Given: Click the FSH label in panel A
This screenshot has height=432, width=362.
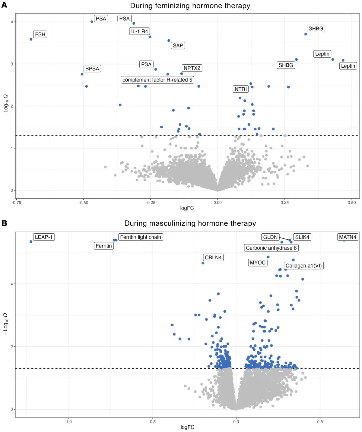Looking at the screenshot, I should (x=40, y=34).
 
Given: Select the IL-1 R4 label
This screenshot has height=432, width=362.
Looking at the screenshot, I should (x=139, y=31).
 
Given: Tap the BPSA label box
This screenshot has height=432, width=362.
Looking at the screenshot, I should (x=92, y=69).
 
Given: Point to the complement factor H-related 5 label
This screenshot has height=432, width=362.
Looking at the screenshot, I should (x=157, y=80).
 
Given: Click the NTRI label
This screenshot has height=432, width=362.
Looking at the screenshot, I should (x=240, y=89).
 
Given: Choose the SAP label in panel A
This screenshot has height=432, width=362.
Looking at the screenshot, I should (x=178, y=46).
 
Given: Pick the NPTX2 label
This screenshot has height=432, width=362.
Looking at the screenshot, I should (x=192, y=68).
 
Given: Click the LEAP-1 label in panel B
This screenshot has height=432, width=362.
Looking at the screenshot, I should (x=44, y=237).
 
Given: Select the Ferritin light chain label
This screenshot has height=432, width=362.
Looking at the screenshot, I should (x=140, y=237).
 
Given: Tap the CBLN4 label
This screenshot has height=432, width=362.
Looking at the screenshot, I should (x=213, y=258).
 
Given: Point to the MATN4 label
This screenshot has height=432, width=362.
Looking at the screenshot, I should (x=348, y=237).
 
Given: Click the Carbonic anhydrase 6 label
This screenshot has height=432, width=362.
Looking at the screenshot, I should (x=271, y=248).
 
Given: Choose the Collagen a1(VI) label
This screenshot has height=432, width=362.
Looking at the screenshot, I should (x=303, y=266).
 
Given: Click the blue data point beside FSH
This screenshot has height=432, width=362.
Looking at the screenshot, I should (x=31, y=39).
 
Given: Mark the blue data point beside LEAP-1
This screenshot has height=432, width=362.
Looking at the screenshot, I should (x=31, y=242).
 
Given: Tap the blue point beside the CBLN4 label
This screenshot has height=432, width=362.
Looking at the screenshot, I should (x=203, y=263).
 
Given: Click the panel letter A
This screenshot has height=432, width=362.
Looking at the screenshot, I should (x=4, y=5).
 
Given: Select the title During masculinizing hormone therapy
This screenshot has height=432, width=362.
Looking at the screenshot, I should (x=190, y=223).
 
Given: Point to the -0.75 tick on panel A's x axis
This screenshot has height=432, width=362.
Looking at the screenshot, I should (x=17, y=203).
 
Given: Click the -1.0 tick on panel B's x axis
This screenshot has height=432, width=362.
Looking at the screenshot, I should (x=68, y=422).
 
